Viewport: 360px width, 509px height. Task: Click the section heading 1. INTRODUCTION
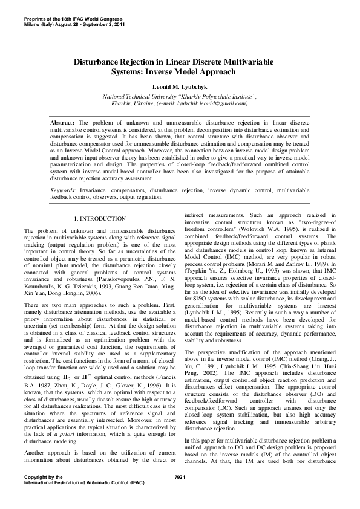[x=99, y=218]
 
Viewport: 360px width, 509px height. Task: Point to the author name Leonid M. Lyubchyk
[x=180, y=86]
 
